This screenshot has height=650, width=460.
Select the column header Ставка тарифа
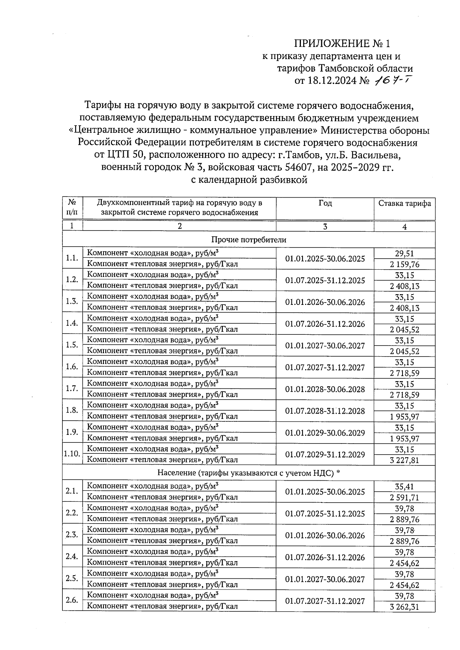click(404, 203)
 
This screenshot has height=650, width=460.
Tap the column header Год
click(325, 203)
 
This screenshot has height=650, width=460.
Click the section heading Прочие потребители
click(248, 240)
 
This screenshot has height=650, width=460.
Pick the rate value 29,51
click(404, 253)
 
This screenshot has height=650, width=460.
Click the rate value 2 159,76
click(404, 264)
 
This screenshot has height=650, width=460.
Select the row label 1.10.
click(72, 454)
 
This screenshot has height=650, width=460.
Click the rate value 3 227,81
click(404, 460)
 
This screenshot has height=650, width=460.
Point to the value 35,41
click(404, 486)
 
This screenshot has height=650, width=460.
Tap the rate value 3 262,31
click(404, 607)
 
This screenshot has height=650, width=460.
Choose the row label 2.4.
click(72, 557)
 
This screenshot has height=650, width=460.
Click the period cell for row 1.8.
click(325, 411)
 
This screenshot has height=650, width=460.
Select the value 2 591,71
click(404, 498)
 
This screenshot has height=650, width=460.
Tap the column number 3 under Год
click(325, 226)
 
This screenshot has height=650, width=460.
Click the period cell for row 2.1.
click(325, 491)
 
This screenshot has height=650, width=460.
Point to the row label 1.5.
click(72, 345)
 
